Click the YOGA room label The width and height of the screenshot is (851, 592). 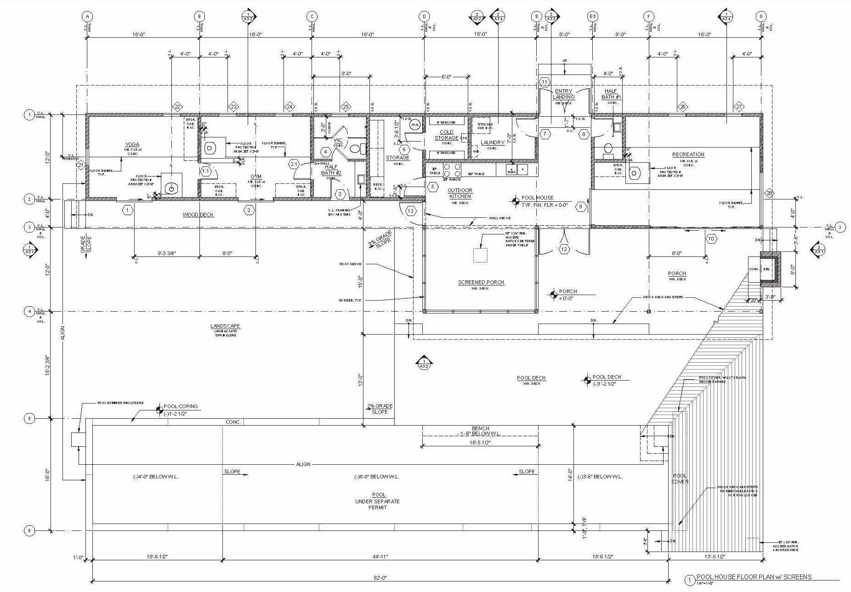pyautogui.click(x=132, y=144)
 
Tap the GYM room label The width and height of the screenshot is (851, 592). pyautogui.click(x=256, y=177)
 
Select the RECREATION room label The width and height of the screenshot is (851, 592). pyautogui.click(x=688, y=154)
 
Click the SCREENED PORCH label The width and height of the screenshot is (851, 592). pyautogui.click(x=481, y=282)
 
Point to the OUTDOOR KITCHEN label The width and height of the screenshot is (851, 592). pyautogui.click(x=460, y=193)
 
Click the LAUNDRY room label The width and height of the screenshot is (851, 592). pyautogui.click(x=492, y=142)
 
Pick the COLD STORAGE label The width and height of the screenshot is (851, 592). pyautogui.click(x=446, y=135)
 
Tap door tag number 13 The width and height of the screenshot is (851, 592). pyautogui.click(x=410, y=211)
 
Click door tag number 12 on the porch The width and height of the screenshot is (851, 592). pyautogui.click(x=564, y=249)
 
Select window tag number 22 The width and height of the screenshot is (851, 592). pyautogui.click(x=177, y=107)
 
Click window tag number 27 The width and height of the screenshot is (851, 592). pyautogui.click(x=739, y=107)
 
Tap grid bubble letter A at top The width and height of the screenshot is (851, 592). pyautogui.click(x=87, y=17)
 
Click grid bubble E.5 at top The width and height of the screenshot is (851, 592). pyautogui.click(x=593, y=17)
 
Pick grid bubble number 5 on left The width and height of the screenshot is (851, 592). pyautogui.click(x=29, y=419)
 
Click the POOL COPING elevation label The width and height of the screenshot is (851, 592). pyautogui.click(x=181, y=406)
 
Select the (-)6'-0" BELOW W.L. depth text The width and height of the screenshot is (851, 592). pyautogui.click(x=377, y=477)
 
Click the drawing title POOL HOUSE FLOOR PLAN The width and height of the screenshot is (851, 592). pyautogui.click(x=754, y=577)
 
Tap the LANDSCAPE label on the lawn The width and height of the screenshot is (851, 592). pyautogui.click(x=225, y=326)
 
